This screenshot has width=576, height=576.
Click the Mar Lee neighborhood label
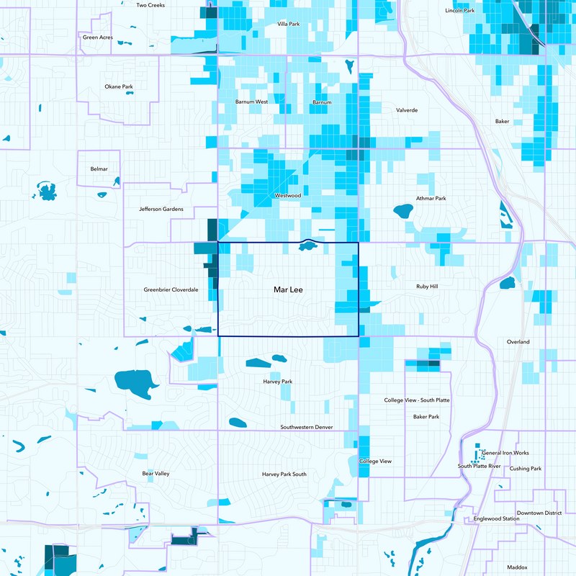287,289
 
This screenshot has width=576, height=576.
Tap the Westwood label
287,195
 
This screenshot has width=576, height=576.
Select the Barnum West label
251,102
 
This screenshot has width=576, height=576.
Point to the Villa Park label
288,24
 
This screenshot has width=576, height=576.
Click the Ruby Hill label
427,286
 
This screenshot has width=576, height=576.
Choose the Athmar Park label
431,198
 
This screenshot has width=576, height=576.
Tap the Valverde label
407,110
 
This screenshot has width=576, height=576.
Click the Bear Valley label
156,473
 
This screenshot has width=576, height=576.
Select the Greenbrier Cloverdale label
171,289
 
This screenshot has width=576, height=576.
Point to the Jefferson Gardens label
161,209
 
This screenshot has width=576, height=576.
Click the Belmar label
99,168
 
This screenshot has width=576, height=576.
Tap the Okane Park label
119,86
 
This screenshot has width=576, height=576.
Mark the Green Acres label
97,37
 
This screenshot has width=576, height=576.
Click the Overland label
518,341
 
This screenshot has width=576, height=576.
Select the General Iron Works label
505,453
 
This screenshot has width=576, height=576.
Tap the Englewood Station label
497,518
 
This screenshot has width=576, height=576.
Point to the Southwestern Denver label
307,427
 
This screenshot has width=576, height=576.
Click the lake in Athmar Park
402,212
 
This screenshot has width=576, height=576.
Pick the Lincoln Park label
460,11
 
